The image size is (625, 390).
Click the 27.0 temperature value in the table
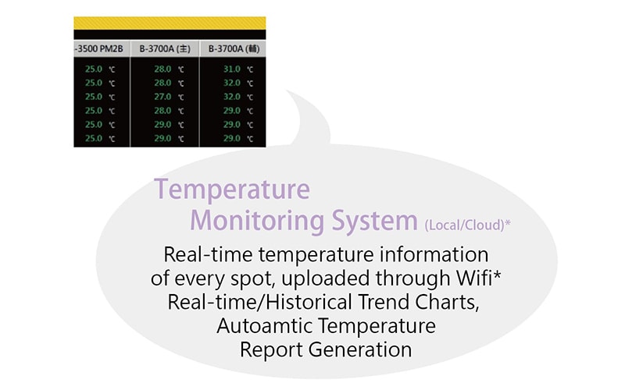(x=162, y=97)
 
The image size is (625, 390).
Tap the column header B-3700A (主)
(x=165, y=49)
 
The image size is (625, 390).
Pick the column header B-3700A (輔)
(x=233, y=49)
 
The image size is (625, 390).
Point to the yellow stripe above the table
(x=170, y=23)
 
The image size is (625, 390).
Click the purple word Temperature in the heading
(x=231, y=190)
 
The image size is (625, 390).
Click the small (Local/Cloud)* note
(x=468, y=225)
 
